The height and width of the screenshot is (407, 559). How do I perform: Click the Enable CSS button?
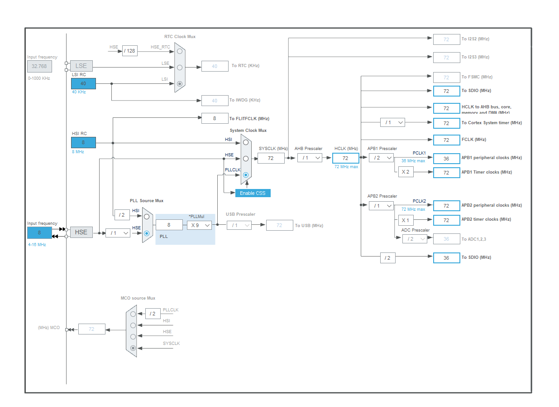pyautogui.click(x=253, y=193)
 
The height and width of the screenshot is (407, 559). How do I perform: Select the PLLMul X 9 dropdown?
pyautogui.click(x=199, y=225)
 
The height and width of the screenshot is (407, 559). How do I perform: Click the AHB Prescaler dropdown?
pyautogui.click(x=310, y=158)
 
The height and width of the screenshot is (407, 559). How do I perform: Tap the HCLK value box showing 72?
pyautogui.click(x=345, y=158)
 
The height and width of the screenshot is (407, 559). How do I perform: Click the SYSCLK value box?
pyautogui.click(x=271, y=158)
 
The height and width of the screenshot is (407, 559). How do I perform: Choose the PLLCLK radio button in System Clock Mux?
pyautogui.click(x=246, y=174)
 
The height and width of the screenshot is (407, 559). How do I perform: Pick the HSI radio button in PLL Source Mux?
pyautogui.click(x=146, y=217)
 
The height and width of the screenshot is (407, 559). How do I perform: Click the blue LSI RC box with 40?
pyautogui.click(x=83, y=83)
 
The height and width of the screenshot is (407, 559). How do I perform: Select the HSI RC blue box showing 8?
pyautogui.click(x=83, y=142)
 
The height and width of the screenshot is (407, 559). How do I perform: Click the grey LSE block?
pyautogui.click(x=81, y=66)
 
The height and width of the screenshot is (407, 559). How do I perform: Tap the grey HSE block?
pyautogui.click(x=81, y=232)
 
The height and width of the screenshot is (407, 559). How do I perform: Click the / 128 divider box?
pyautogui.click(x=129, y=51)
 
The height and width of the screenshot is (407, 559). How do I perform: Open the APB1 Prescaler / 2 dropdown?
pyautogui.click(x=381, y=158)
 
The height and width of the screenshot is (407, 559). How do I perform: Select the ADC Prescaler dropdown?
pyautogui.click(x=415, y=239)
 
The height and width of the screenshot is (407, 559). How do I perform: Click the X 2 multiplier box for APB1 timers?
pyautogui.click(x=406, y=172)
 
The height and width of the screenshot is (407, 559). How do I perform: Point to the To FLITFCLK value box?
pyautogui.click(x=215, y=118)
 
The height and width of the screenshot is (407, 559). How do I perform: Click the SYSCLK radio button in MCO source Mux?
pyautogui.click(x=133, y=348)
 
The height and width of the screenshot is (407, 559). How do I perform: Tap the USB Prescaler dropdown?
pyautogui.click(x=239, y=225)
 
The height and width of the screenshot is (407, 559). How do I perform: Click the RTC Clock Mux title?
pyautogui.click(x=180, y=37)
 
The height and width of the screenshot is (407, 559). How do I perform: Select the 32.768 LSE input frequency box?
pyautogui.click(x=39, y=67)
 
